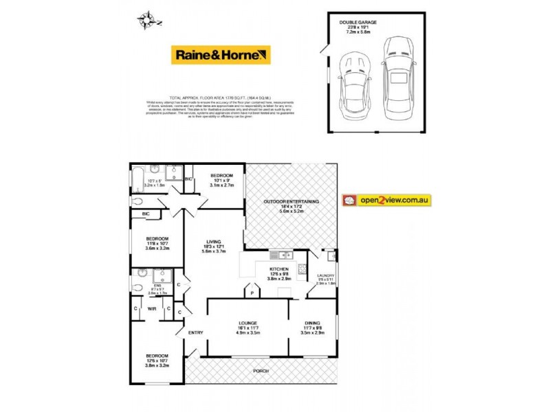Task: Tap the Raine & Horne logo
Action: (x=221, y=55)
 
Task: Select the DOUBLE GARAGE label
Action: (x=358, y=23)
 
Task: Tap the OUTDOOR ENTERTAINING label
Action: (x=291, y=201)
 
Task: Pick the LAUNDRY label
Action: (x=325, y=275)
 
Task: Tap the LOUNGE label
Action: (x=247, y=323)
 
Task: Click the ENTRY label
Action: (x=196, y=333)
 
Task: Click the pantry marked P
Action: (x=253, y=293)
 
